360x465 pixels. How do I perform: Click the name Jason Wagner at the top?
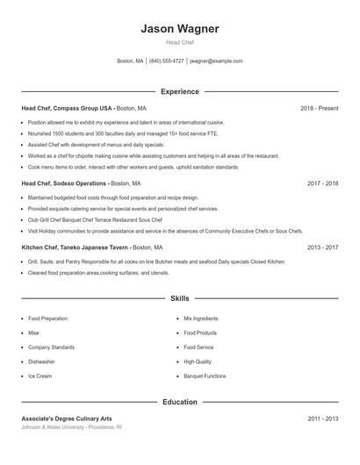point(179,28)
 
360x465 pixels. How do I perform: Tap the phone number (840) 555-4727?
point(167,61)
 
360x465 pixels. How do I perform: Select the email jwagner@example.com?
point(216,61)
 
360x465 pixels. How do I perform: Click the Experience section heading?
point(179,91)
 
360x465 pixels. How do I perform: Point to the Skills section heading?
point(179,299)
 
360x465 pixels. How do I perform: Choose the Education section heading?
point(179,402)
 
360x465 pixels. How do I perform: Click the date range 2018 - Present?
point(319,108)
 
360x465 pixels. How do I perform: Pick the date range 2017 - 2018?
point(322,184)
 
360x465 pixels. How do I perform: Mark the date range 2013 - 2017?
point(322,247)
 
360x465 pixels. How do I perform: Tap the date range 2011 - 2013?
point(322,418)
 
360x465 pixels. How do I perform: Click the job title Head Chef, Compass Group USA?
point(68,108)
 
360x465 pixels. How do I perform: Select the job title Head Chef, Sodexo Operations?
point(64,184)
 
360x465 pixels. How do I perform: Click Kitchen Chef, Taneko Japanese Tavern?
point(73,247)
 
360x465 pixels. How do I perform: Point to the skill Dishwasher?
point(41,361)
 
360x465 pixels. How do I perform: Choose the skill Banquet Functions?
point(205,376)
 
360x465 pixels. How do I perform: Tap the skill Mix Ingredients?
point(201,319)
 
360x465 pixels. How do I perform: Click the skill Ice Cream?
point(40,376)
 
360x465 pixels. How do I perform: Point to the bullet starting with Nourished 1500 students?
point(103,132)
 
